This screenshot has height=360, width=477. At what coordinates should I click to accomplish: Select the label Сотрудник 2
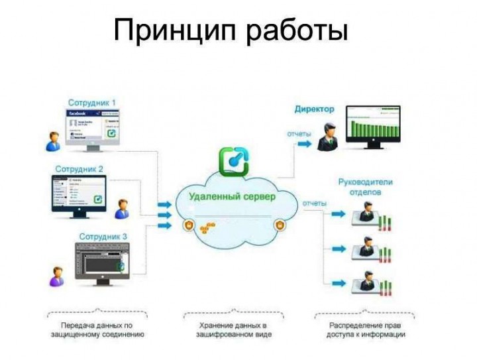pos(79,169)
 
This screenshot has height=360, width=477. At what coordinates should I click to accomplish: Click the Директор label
pos(314,109)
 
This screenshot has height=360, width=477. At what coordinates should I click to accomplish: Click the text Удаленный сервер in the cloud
pos(233,196)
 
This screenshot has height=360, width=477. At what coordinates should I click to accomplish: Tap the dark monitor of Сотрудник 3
pos(101,261)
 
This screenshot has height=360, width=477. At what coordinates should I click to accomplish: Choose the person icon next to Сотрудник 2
pos(122,208)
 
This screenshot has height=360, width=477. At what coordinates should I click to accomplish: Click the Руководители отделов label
pos(365,187)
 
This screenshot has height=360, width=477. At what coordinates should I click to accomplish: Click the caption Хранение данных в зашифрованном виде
pos(233,330)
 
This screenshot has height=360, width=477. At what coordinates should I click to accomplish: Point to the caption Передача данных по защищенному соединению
pos(97,330)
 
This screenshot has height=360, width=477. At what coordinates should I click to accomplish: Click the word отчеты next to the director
pos(299,134)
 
